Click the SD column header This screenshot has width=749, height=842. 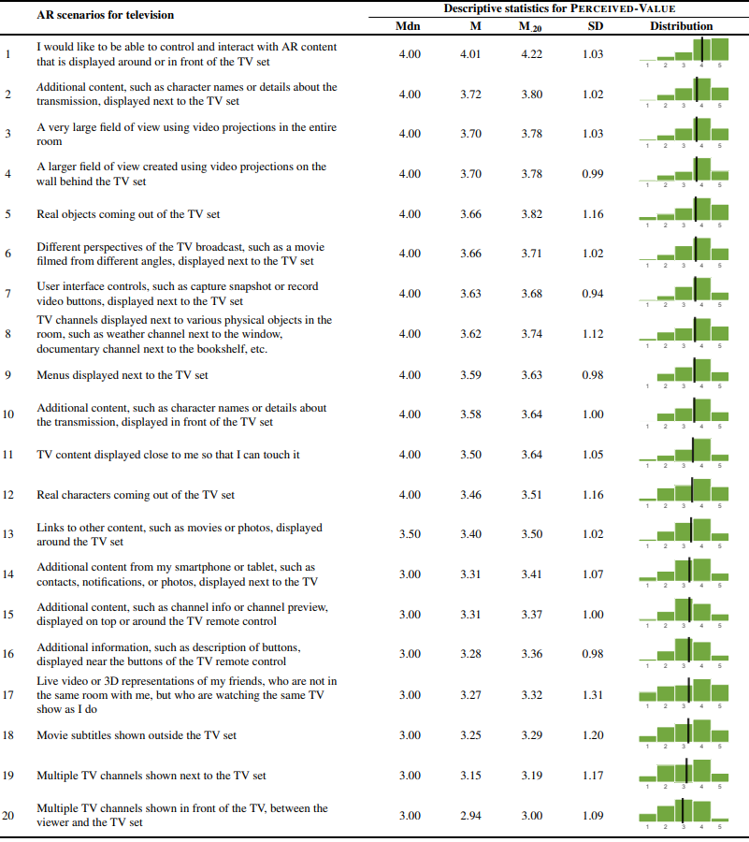(x=595, y=26)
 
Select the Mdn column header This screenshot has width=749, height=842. (x=409, y=26)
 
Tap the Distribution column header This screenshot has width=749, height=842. (x=681, y=26)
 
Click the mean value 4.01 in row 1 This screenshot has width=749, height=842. (x=470, y=54)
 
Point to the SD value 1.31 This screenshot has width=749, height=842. (x=593, y=695)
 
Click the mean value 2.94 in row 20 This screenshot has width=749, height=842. (x=470, y=816)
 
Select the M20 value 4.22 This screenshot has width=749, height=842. (x=531, y=54)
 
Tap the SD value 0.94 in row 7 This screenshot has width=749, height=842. (x=593, y=294)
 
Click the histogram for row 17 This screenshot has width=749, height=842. (x=683, y=693)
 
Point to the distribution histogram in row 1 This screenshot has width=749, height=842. (x=683, y=51)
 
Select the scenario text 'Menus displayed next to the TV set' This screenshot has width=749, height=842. (x=122, y=375)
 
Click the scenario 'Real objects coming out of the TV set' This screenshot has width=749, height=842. (x=129, y=214)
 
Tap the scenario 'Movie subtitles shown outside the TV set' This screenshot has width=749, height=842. (x=137, y=735)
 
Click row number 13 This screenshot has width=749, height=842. (x=8, y=535)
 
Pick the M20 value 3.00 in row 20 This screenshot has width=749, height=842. (x=531, y=816)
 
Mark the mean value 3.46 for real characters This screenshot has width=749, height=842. (x=470, y=495)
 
